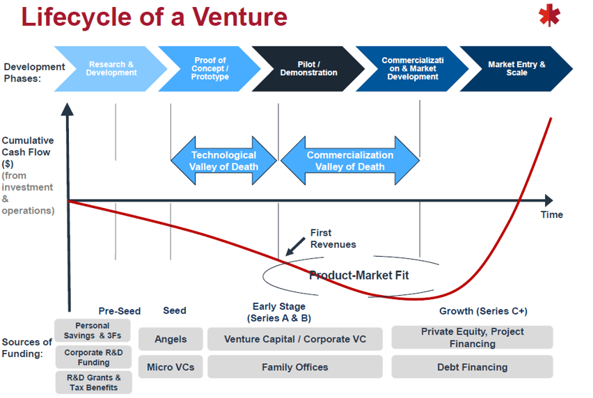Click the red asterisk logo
coord(549,15)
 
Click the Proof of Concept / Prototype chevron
coord(209,69)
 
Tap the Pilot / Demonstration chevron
coord(308,69)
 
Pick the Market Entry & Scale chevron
coord(516,69)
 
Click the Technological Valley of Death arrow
coord(223,161)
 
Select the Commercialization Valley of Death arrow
coord(349,161)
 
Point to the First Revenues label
coord(333,239)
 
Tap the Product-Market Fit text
coord(358,276)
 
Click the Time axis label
coord(551,214)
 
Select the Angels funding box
coord(171,339)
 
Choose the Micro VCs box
coord(171,367)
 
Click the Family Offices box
coord(294,367)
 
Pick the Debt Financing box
coord(472,367)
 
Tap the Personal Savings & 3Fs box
coord(93,331)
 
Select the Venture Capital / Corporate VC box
coord(294,339)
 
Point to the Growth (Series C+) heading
coord(483,311)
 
